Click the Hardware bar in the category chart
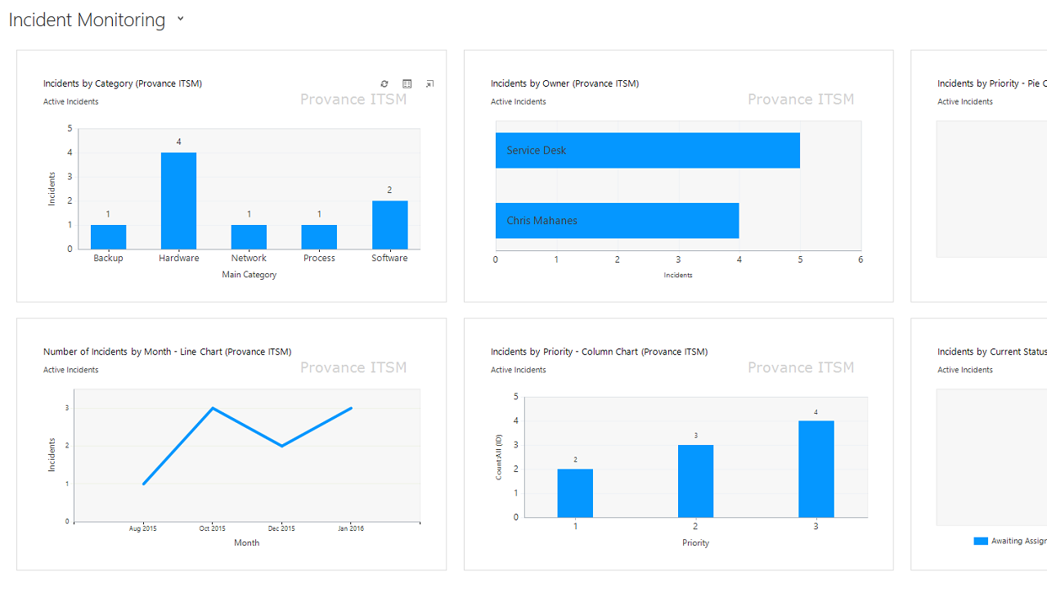tap(178, 200)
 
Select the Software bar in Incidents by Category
tap(389, 225)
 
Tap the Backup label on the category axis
tap(108, 259)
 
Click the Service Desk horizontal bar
tap(647, 151)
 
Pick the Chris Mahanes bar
tap(617, 221)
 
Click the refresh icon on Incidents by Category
tap(384, 83)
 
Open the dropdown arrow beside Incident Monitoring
tap(181, 19)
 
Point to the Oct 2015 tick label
tap(213, 528)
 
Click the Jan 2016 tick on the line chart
tap(351, 528)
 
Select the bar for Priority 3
tap(816, 469)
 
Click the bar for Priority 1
tap(575, 492)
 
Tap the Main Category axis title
tap(249, 275)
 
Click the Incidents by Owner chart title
tap(564, 83)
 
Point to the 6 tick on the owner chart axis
tap(861, 259)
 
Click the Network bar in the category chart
tap(249, 236)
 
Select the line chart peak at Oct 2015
tap(213, 408)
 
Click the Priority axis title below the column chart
tap(696, 542)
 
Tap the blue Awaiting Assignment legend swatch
tap(981, 541)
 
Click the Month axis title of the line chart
tap(247, 542)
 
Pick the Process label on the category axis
tap(319, 259)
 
